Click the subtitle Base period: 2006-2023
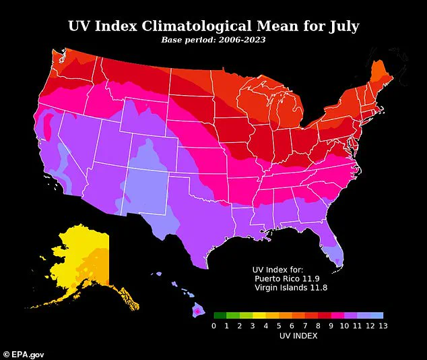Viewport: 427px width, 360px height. (213, 40)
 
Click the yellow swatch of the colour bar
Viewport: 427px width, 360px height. (271, 315)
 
